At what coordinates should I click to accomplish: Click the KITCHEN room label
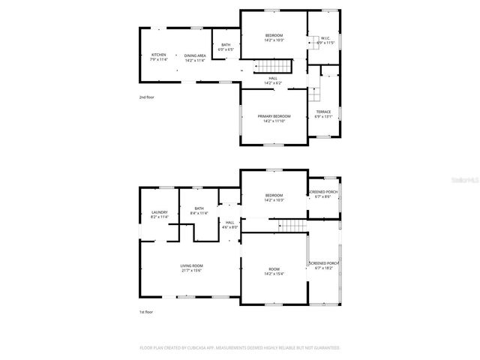point(158,55)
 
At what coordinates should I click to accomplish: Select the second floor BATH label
point(226,44)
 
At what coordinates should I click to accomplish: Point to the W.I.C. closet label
point(325,38)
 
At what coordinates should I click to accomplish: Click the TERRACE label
point(323,112)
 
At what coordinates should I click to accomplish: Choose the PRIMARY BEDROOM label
point(274,116)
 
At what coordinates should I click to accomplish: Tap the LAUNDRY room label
point(158,212)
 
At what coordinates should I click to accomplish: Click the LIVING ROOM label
point(192,265)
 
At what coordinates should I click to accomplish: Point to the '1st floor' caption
point(145,311)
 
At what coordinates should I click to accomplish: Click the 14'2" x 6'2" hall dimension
point(274,82)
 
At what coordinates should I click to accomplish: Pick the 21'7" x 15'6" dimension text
point(192,271)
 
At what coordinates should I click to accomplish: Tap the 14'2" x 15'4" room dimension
point(274,274)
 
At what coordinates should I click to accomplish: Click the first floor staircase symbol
point(293,226)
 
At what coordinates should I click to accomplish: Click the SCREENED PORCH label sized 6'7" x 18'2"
point(324,263)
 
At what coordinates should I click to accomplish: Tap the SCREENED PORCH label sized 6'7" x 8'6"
point(324,193)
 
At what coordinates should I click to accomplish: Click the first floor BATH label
point(199,208)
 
